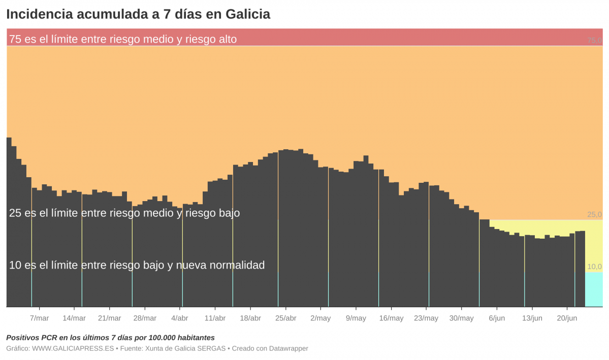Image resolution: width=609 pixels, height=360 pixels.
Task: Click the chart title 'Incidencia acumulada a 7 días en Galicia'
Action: pyautogui.click(x=138, y=14)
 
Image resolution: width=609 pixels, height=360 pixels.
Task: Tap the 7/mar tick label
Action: pyautogui.click(x=39, y=318)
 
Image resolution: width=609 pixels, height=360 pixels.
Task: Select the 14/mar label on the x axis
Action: pyautogui.click(x=74, y=318)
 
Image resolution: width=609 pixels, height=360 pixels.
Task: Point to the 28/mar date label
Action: pyautogui.click(x=145, y=318)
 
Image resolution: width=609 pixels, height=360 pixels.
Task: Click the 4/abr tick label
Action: pyautogui.click(x=180, y=318)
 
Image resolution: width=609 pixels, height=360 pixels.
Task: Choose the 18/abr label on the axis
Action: pyautogui.click(x=250, y=318)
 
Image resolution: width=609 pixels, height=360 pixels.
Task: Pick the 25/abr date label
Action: pyautogui.click(x=285, y=318)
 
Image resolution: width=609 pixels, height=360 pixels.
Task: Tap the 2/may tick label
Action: pyautogui.click(x=320, y=318)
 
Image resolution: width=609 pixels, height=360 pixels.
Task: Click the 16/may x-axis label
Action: pyautogui.click(x=391, y=318)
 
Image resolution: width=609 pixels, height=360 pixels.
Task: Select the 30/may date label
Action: pyautogui.click(x=462, y=318)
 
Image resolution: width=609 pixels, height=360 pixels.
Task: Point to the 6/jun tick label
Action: pyautogui.click(x=497, y=318)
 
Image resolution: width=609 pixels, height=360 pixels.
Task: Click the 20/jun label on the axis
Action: pyautogui.click(x=567, y=318)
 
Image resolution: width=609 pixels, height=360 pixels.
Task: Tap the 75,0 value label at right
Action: pyautogui.click(x=594, y=40)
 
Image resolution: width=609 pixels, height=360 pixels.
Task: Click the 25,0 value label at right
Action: pyautogui.click(x=594, y=214)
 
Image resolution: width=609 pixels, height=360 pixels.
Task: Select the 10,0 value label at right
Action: pyautogui.click(x=594, y=267)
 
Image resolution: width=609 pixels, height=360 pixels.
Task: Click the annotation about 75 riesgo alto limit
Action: pyautogui.click(x=123, y=39)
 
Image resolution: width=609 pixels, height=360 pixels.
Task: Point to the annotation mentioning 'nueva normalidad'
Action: pyautogui.click(x=137, y=265)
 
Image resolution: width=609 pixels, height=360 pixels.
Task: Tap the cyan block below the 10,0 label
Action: pyautogui.click(x=594, y=289)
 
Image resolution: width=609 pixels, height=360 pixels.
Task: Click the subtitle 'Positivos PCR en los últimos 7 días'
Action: pyautogui.click(x=110, y=338)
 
